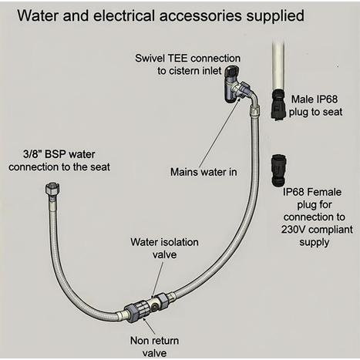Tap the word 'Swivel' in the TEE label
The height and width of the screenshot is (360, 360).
(151, 59)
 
